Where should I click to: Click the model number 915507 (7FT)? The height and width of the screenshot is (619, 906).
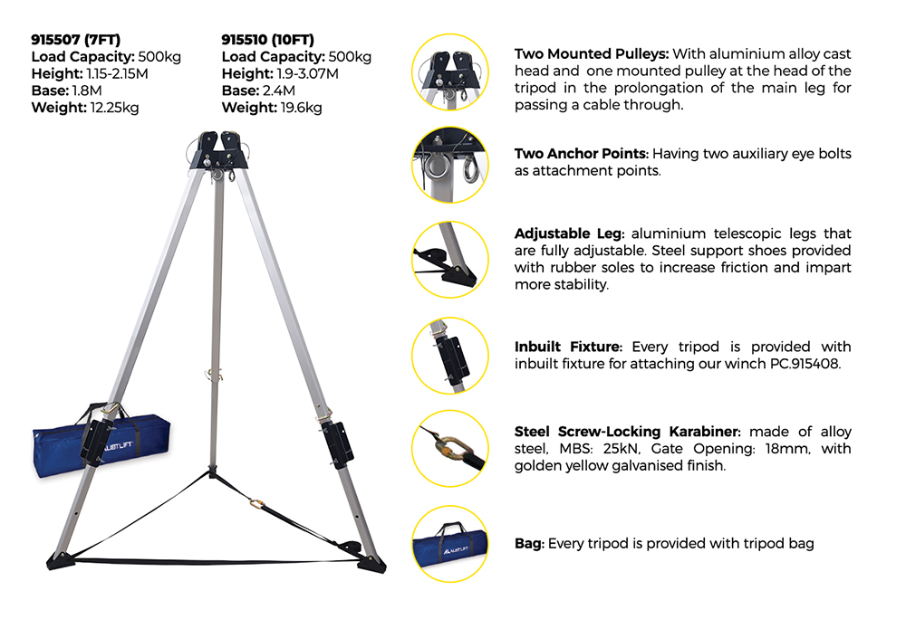point(76,40)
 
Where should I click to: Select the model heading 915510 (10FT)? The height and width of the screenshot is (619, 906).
point(267,40)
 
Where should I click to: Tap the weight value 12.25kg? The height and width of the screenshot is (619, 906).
point(114,108)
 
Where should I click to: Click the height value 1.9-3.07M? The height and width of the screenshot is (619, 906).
point(307,74)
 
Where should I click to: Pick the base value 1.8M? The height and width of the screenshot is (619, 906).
point(87,90)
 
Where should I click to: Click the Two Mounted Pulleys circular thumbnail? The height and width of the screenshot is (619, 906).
point(450,72)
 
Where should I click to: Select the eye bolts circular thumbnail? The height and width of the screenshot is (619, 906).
point(450,165)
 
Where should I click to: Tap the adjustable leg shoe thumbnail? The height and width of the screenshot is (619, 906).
point(450,260)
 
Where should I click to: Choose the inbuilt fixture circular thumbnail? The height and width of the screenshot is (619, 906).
point(450,356)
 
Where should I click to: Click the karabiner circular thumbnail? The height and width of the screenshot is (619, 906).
point(450,448)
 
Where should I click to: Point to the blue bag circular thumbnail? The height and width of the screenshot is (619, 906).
point(450,544)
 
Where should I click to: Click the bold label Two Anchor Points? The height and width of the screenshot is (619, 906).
point(582,154)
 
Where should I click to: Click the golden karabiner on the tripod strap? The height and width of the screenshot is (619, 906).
point(257,505)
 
